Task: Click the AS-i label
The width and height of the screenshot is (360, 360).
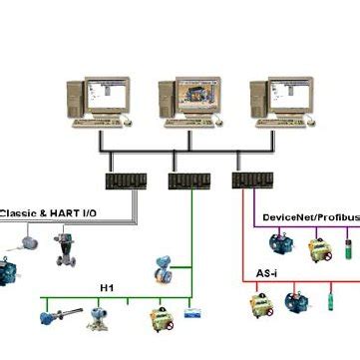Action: coord(268,271)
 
